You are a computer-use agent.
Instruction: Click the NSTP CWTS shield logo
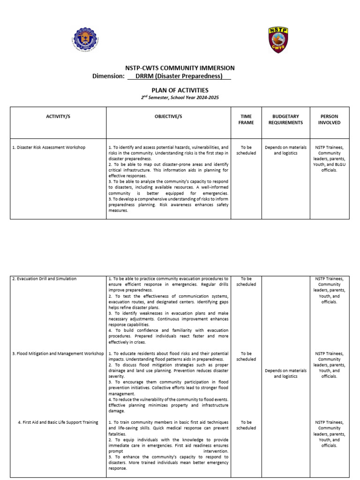tap(278, 40)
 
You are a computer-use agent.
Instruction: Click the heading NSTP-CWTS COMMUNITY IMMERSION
tap(180, 68)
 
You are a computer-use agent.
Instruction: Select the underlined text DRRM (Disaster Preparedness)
tap(179, 76)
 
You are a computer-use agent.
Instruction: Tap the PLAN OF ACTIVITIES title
tap(180, 90)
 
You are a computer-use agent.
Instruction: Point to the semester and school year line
tap(180, 97)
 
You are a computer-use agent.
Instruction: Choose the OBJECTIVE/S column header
tap(168, 116)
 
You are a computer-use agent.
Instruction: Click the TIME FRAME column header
tap(246, 120)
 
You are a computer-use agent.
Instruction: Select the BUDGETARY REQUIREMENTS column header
tap(285, 120)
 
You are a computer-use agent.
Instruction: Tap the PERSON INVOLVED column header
tap(329, 120)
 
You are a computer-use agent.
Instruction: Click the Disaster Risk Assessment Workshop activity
tap(49, 147)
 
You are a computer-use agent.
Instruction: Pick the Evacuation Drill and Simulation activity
tap(45, 279)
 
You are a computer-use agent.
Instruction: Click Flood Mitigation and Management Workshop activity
tap(58, 353)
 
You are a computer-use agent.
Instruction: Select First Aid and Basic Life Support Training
tap(58, 422)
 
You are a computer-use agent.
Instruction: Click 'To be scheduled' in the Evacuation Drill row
tap(246, 281)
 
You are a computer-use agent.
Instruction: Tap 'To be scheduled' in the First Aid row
tap(246, 425)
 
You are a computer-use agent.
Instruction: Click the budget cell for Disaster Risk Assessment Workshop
tap(285, 150)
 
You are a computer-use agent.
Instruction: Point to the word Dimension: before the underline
tap(108, 76)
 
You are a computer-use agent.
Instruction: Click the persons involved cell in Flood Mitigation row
tap(329, 365)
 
